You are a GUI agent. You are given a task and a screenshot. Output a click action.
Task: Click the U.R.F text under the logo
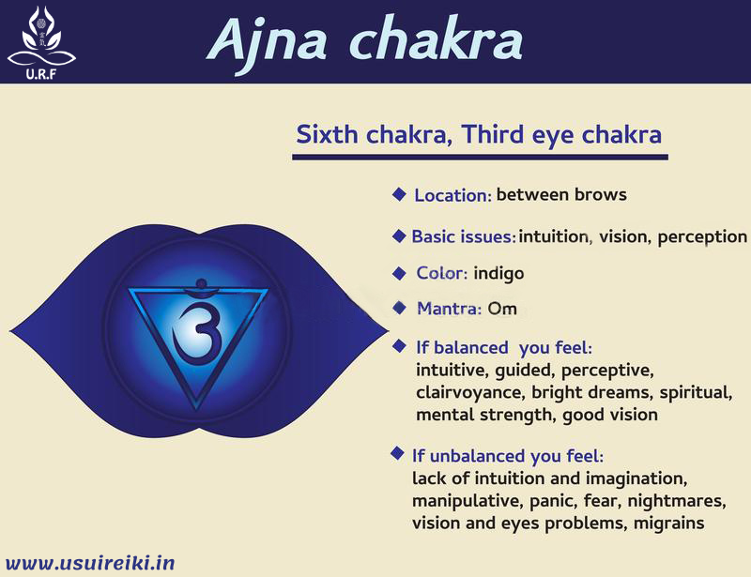pos(37,75)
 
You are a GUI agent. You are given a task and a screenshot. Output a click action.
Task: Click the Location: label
pos(453,196)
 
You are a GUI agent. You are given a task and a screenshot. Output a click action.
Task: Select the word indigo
pos(498,274)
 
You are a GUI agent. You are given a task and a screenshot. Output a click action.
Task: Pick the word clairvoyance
pos(468,392)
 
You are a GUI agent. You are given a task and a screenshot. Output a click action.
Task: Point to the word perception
pos(702,236)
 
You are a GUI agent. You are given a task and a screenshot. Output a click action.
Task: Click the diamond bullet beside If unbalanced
pos(398,454)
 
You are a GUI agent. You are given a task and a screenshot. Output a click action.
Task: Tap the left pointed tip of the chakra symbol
pos(12,330)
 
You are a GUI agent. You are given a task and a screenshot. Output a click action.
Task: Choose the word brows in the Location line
pos(601,195)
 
